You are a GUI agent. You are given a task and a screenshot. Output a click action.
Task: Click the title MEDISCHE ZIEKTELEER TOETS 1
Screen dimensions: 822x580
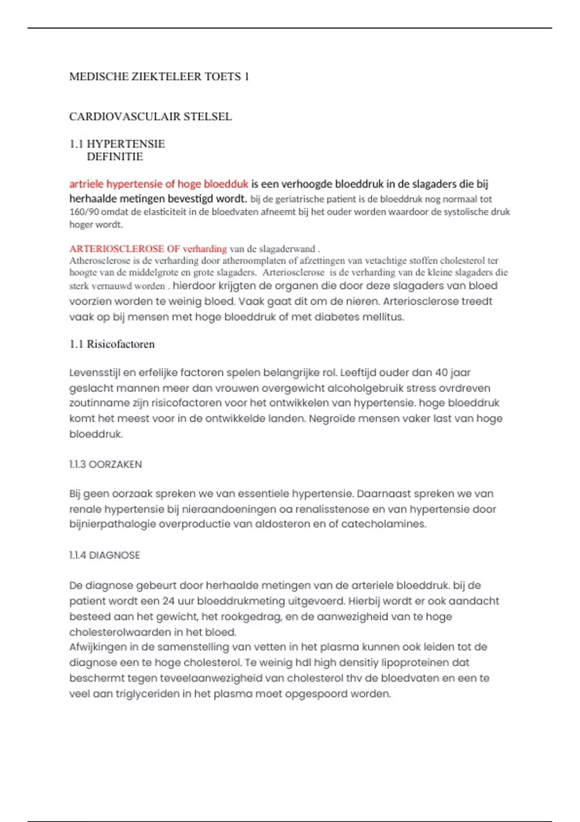[x=159, y=76]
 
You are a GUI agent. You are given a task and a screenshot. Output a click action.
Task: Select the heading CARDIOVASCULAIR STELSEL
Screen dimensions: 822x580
[x=150, y=117]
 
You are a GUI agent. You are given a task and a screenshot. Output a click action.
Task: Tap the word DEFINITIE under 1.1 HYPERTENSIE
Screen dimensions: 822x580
[x=115, y=157]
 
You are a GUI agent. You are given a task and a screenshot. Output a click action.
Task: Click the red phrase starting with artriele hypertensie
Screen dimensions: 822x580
[x=159, y=184]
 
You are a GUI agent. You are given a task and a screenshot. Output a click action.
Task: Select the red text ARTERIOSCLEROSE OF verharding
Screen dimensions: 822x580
[x=148, y=249]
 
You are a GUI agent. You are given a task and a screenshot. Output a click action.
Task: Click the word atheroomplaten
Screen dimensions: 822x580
[x=253, y=261]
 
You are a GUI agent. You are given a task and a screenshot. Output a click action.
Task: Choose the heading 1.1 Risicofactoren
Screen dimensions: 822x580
[x=112, y=344]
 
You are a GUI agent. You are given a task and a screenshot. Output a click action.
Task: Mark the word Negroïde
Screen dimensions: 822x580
[x=334, y=419]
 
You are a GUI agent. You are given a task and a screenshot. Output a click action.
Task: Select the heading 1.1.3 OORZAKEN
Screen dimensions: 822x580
[x=105, y=464]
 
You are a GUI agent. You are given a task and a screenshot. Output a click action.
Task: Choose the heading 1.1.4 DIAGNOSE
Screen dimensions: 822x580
[x=104, y=555]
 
